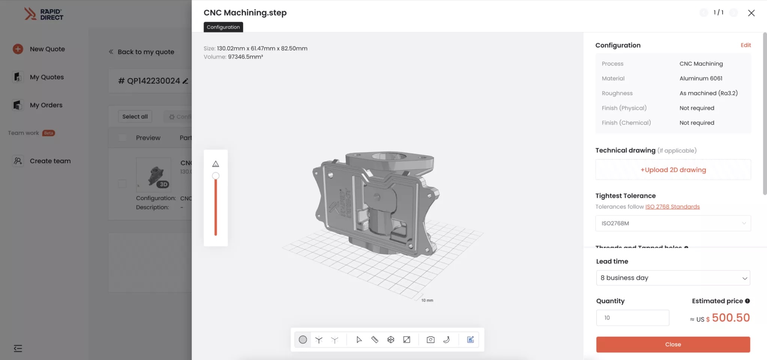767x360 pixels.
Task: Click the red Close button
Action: tap(673, 344)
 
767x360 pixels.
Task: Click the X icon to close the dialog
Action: tap(751, 13)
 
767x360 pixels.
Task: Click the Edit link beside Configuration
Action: tap(745, 45)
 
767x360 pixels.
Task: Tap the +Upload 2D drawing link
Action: tap(673, 170)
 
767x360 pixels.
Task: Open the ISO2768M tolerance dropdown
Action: tap(673, 223)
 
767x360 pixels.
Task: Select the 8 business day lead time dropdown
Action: tap(673, 278)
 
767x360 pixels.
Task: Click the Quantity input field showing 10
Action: tap(632, 318)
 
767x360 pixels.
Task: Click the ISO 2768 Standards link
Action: tap(672, 207)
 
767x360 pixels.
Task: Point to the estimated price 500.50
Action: tap(730, 318)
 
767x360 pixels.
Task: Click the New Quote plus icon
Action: tap(18, 49)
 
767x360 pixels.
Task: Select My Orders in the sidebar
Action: tap(46, 105)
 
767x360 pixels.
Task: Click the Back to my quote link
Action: tap(146, 52)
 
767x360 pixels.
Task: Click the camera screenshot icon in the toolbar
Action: tap(430, 340)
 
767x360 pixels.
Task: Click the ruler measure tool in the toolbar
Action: tap(375, 340)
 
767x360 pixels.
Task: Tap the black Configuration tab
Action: tap(223, 27)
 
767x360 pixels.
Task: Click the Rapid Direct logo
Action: tap(44, 14)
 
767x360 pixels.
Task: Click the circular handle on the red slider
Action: tap(216, 176)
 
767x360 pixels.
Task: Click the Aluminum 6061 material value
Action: tap(701, 78)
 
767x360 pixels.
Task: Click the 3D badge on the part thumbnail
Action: tap(163, 184)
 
